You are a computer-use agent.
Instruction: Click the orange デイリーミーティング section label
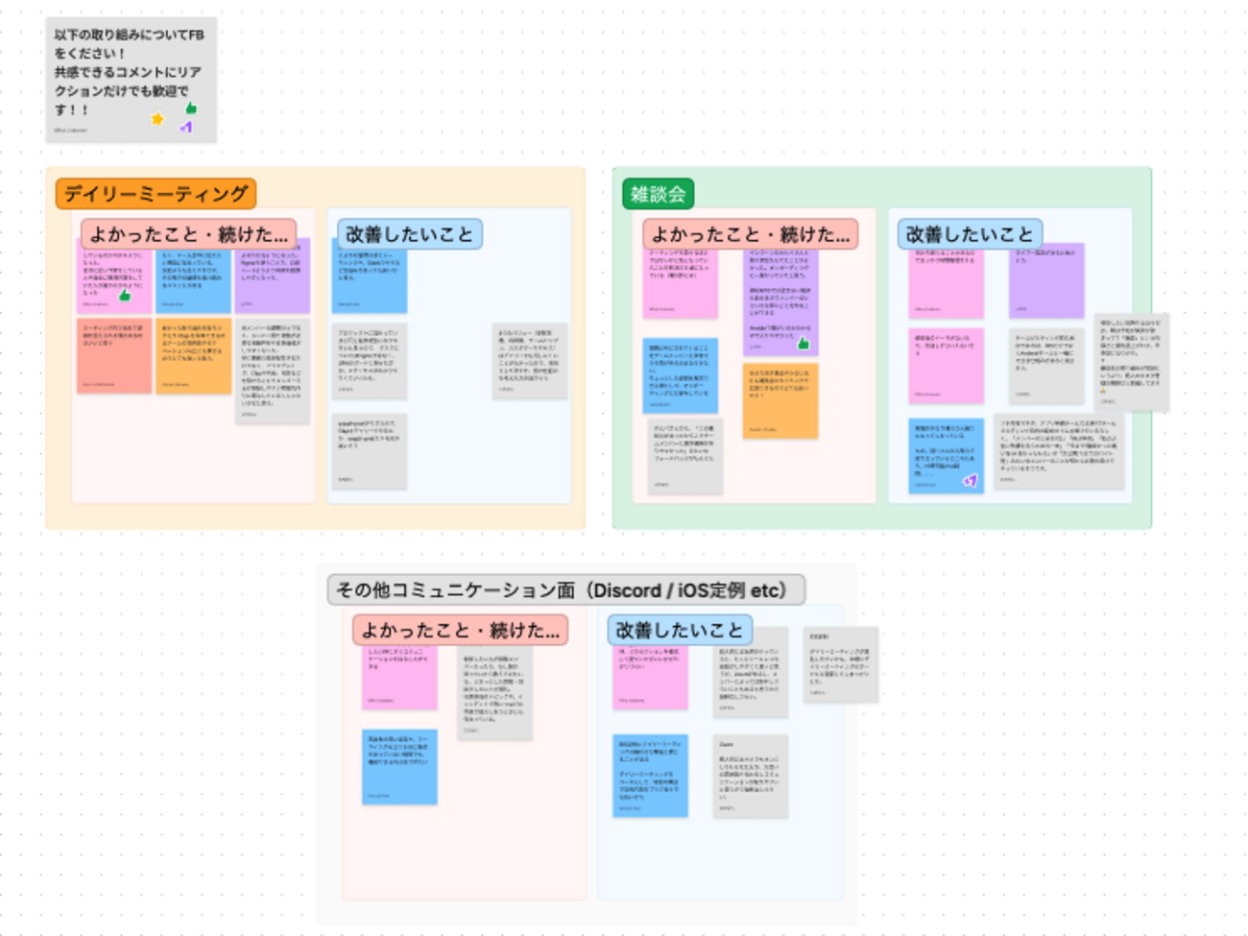[156, 194]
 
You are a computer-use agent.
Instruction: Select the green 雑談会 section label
[658, 194]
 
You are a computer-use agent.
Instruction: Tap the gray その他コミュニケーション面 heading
[565, 590]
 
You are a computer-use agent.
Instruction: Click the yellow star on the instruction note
[157, 119]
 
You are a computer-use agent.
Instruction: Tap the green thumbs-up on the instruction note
[191, 108]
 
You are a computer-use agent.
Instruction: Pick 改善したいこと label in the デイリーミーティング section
[409, 234]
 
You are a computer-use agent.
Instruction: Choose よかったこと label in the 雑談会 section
[750, 234]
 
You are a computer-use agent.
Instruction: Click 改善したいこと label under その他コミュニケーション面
[679, 631]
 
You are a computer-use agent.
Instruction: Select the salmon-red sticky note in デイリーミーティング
[114, 355]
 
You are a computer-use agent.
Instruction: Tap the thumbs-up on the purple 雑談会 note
[803, 343]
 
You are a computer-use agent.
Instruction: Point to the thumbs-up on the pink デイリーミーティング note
[124, 296]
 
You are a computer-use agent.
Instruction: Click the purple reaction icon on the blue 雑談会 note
[970, 480]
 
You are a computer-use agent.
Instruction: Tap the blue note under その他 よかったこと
[399, 766]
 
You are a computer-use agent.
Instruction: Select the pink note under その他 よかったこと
[399, 678]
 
